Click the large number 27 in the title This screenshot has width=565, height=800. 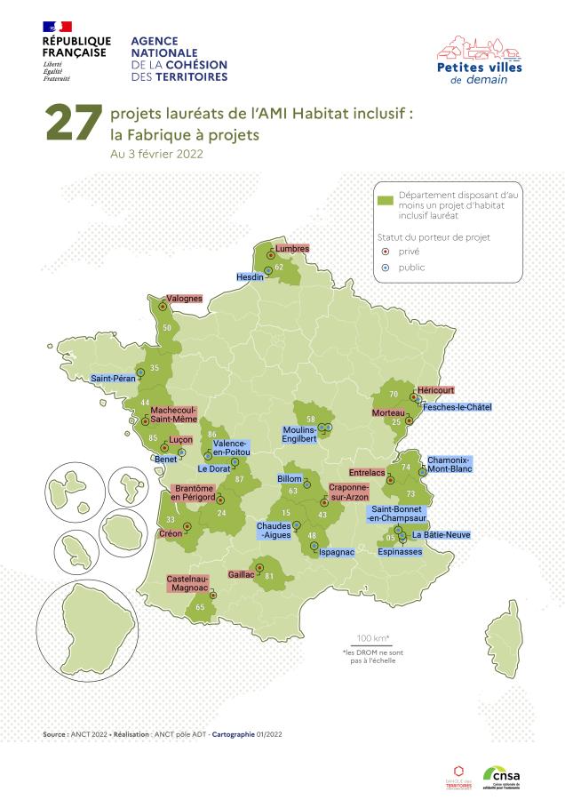74,125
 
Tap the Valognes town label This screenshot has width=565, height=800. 185,299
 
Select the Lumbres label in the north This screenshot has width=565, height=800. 292,249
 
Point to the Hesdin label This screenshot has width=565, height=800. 248,276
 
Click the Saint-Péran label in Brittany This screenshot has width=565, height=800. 113,378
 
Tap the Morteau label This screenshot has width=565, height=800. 388,412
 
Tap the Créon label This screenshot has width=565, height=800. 170,533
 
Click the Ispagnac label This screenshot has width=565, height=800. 337,552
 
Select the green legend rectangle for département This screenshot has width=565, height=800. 385,200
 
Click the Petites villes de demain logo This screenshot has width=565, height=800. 480,60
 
